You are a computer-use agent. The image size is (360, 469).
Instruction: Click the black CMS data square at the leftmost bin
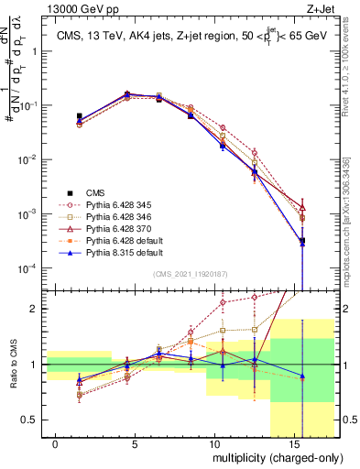[x=80, y=116]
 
